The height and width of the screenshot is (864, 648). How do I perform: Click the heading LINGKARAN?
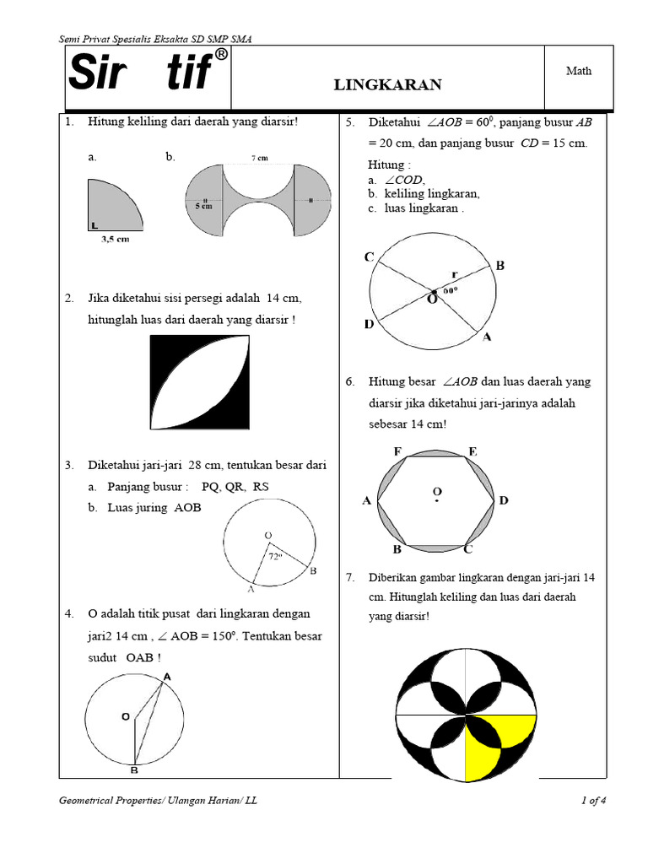tap(387, 84)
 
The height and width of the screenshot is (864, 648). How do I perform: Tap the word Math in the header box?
tap(578, 71)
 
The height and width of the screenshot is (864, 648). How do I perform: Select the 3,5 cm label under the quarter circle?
tap(115, 239)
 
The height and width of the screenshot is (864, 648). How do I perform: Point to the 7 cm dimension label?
tap(258, 159)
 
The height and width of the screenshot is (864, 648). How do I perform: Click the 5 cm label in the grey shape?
tap(202, 205)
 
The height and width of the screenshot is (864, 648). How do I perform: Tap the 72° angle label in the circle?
tap(275, 557)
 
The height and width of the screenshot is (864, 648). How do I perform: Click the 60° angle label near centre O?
tap(451, 290)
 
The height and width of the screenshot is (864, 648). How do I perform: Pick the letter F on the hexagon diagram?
tap(397, 452)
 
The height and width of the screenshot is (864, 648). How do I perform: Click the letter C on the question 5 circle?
tap(370, 257)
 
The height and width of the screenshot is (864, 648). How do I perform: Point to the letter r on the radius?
tap(454, 274)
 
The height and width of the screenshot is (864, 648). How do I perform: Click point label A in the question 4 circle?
tap(166, 677)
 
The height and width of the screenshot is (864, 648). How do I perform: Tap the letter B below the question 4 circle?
tap(134, 770)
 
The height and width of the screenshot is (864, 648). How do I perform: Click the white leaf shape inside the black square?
tap(201, 385)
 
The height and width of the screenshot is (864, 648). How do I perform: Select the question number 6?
tap(350, 381)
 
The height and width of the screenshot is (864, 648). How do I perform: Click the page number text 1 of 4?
tap(594, 802)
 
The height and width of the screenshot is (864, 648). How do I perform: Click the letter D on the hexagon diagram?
tap(504, 501)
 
